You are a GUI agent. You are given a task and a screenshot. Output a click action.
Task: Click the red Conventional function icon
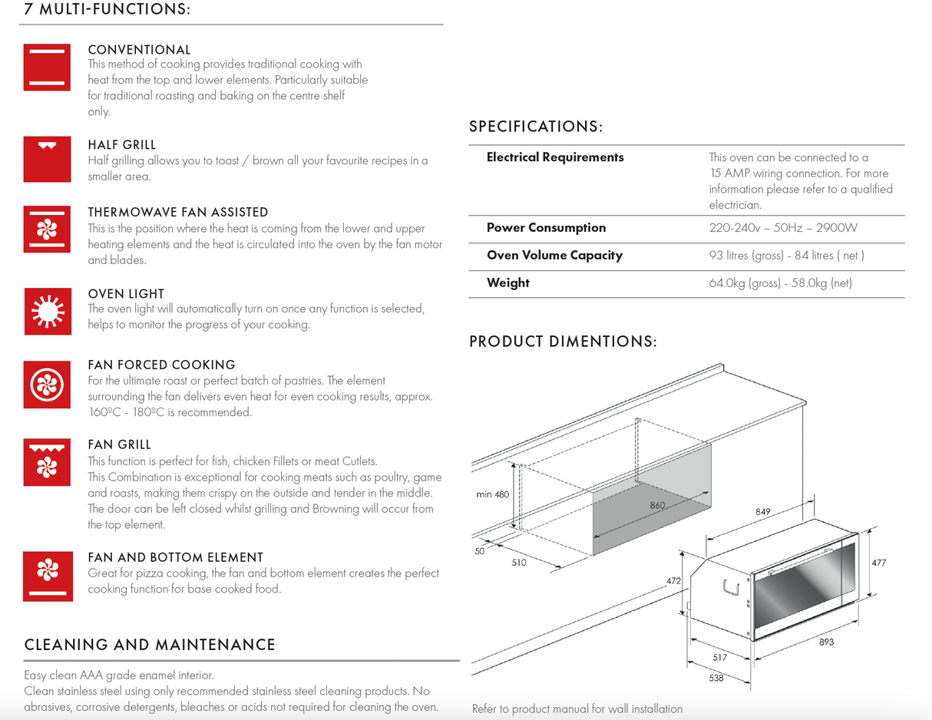pyautogui.click(x=47, y=67)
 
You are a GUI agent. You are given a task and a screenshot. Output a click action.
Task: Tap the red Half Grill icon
pyautogui.click(x=47, y=159)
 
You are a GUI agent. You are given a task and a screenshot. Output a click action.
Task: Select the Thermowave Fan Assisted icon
pyautogui.click(x=47, y=228)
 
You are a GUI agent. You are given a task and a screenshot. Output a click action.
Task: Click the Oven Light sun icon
pyautogui.click(x=47, y=311)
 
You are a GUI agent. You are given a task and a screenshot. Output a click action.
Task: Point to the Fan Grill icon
pyautogui.click(x=47, y=462)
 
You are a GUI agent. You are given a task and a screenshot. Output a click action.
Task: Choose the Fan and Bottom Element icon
pyautogui.click(x=47, y=576)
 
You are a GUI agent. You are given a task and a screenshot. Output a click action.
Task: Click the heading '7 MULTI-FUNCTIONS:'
pyautogui.click(x=107, y=10)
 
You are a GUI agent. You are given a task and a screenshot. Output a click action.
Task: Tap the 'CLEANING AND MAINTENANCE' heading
pyautogui.click(x=150, y=645)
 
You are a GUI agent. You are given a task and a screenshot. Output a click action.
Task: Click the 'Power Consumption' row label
pyautogui.click(x=546, y=228)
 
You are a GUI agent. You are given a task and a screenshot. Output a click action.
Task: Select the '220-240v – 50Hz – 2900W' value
pyautogui.click(x=783, y=228)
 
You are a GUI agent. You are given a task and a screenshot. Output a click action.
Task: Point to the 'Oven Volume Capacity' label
pyautogui.click(x=554, y=256)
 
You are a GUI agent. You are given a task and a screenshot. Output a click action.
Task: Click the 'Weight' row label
pyautogui.click(x=508, y=283)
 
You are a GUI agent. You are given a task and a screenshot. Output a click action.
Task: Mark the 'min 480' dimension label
pyautogui.click(x=492, y=494)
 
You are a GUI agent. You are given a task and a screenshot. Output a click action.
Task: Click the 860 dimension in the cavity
pyautogui.click(x=657, y=506)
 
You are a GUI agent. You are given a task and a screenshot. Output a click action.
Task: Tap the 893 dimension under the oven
pyautogui.click(x=826, y=642)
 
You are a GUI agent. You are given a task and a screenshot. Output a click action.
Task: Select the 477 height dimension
pyautogui.click(x=879, y=563)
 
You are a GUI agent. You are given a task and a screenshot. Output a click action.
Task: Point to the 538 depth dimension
pyautogui.click(x=716, y=678)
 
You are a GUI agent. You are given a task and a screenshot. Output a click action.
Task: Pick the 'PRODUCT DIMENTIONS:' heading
pyautogui.click(x=563, y=342)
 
